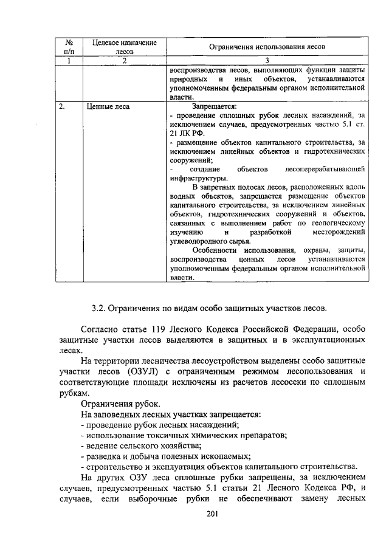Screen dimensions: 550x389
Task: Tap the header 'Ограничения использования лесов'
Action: [267, 47]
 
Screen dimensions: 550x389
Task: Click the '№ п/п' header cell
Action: [69, 47]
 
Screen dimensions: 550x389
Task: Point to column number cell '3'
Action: [267, 60]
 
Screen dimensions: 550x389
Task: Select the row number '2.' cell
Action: [63, 106]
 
